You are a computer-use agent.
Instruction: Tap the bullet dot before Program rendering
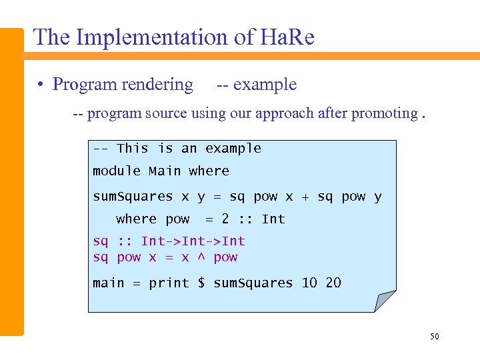pos(41,85)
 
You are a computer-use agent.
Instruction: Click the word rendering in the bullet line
pos(159,85)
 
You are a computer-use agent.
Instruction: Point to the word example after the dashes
pos(265,85)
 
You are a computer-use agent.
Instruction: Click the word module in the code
pos(117,171)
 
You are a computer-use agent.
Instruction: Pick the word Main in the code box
pos(165,171)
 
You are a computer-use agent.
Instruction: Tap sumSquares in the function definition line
pos(133,197)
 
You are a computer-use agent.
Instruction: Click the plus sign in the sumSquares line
pos(305,197)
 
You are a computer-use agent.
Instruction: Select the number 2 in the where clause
pos(225,219)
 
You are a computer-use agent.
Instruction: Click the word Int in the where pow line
pos(273,219)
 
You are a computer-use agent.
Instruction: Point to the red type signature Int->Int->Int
pos(193,241)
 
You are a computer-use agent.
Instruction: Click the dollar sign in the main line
pos(201,283)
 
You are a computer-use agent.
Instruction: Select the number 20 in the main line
pos(333,283)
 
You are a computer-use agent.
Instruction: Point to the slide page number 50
pos(434,337)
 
